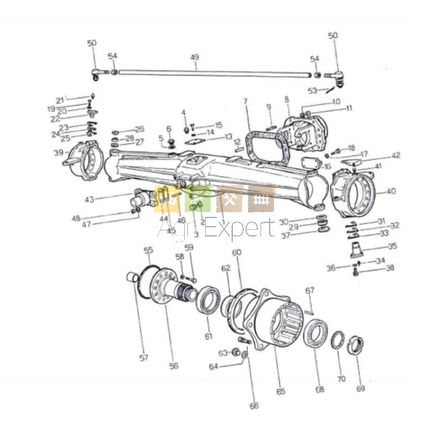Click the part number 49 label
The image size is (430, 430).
(x=195, y=57)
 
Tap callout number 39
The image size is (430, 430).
(x=58, y=153)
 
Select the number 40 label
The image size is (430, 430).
(x=391, y=191)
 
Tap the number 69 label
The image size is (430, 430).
(x=361, y=388)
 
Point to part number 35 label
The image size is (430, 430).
(x=392, y=246)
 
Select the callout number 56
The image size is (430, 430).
(x=174, y=365)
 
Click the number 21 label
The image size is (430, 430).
(x=60, y=100)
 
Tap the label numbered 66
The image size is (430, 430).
(x=254, y=406)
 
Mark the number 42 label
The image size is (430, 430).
(x=396, y=155)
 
